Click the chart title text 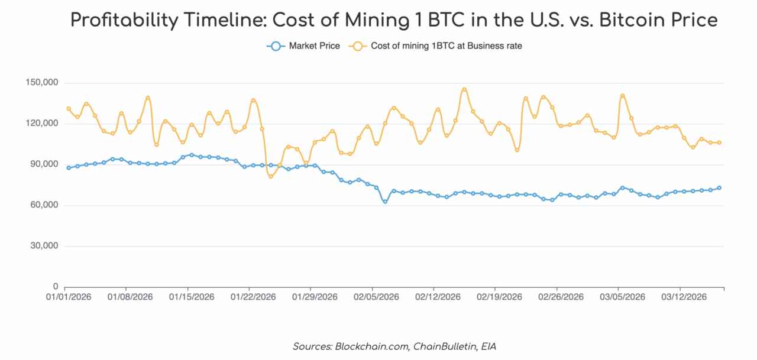(x=393, y=20)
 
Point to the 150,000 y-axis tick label (x=43, y=83)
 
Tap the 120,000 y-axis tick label (x=43, y=124)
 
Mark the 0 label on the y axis (x=56, y=287)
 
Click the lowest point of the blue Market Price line (x=385, y=202)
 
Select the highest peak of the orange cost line (x=464, y=89)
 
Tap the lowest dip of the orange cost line (x=271, y=176)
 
